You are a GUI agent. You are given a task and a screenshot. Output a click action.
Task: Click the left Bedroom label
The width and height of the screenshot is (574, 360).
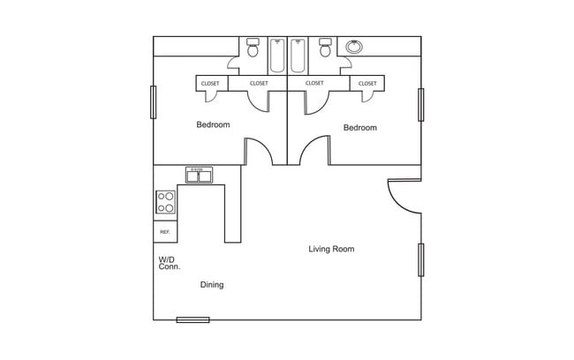pyautogui.click(x=213, y=124)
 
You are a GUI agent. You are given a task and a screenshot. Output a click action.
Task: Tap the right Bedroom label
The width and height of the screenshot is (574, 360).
pyautogui.click(x=359, y=128)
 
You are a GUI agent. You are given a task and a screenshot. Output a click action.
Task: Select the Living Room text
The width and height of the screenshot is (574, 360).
pyautogui.click(x=331, y=249)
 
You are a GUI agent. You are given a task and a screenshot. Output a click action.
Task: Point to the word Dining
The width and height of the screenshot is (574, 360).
pyautogui.click(x=211, y=284)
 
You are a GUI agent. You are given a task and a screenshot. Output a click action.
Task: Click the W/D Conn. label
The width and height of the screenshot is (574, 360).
pyautogui.click(x=169, y=263)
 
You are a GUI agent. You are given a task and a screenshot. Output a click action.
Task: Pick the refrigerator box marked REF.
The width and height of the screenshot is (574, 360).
pyautogui.click(x=164, y=231)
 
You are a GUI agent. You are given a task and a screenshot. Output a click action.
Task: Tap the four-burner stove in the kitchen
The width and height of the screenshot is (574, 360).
pyautogui.click(x=165, y=202)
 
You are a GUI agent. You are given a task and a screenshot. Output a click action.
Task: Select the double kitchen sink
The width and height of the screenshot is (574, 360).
pyautogui.click(x=199, y=175)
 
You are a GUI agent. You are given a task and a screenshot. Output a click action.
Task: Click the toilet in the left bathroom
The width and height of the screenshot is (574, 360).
pyautogui.click(x=253, y=49)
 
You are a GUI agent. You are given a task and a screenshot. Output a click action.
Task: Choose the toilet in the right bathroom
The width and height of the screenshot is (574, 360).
pyautogui.click(x=325, y=49)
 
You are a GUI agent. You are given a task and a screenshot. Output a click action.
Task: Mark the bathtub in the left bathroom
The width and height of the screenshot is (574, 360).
pyautogui.click(x=277, y=55)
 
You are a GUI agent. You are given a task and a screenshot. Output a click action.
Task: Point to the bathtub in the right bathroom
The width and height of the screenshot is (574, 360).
pyautogui.click(x=298, y=55)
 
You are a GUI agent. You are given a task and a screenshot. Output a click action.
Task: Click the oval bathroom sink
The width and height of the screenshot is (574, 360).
pyautogui.click(x=355, y=46)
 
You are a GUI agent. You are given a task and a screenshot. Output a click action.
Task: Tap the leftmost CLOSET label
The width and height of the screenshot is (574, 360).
pyautogui.click(x=210, y=83)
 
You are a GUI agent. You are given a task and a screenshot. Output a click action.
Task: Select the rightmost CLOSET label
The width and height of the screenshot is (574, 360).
pyautogui.click(x=366, y=83)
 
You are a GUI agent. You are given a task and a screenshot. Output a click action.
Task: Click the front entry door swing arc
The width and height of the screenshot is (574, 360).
pyautogui.click(x=401, y=196)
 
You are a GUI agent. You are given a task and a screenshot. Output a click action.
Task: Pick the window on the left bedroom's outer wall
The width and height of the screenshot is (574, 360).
pyautogui.click(x=154, y=101)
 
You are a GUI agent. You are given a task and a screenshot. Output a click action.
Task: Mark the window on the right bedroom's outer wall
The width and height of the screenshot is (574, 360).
pyautogui.click(x=421, y=104)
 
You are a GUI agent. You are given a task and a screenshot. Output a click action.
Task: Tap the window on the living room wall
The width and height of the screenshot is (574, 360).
pyautogui.click(x=421, y=259)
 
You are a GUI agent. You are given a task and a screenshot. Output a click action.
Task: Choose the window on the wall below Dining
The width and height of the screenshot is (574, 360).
pyautogui.click(x=193, y=319)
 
